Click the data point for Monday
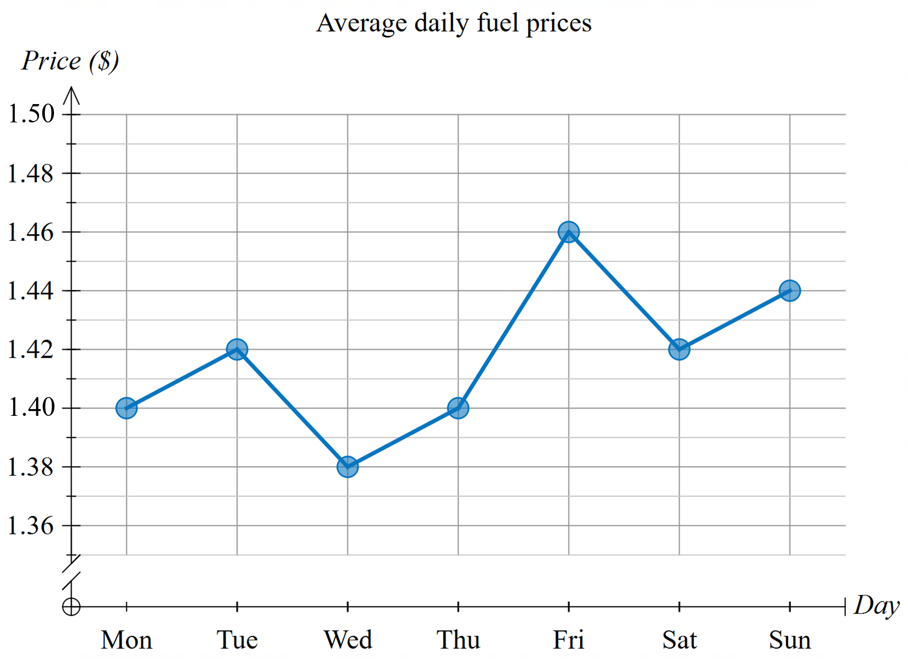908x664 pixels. (x=126, y=408)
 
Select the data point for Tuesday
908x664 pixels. (x=237, y=349)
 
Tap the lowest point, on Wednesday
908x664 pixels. (x=347, y=467)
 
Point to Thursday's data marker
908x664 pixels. (x=458, y=408)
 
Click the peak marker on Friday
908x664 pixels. (x=569, y=232)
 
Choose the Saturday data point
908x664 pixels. (x=679, y=349)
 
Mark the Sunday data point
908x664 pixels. (x=789, y=291)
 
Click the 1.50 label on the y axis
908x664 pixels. (x=31, y=114)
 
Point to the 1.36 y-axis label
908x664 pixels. (x=31, y=525)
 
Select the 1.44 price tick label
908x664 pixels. (x=31, y=291)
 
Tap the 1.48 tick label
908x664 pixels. (x=31, y=173)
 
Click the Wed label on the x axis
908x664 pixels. (x=347, y=640)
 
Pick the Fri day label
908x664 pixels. (x=569, y=640)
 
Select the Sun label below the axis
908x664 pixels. (x=789, y=640)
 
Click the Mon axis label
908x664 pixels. (x=126, y=640)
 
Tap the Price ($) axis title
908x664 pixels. (x=70, y=61)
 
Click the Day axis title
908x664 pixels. (x=876, y=606)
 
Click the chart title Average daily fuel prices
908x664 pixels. (x=454, y=23)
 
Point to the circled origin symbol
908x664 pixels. (x=71, y=607)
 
